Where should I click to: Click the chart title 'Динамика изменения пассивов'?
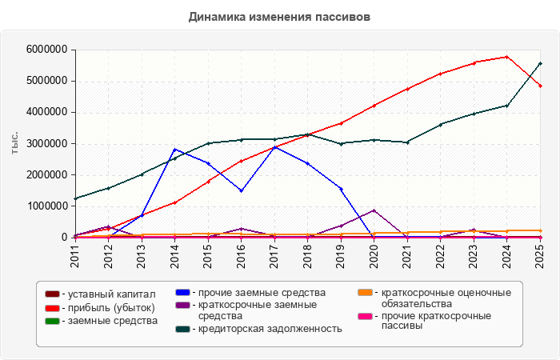[x=279, y=17]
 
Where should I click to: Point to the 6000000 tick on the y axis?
[x=46, y=50]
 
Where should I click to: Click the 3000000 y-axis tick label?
[x=46, y=143]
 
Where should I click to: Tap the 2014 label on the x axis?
[x=174, y=254]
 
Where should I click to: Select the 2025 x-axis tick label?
[x=540, y=254]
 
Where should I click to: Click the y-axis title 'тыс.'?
[x=14, y=143]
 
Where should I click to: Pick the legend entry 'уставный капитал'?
[x=100, y=294]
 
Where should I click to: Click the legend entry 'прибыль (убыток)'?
[x=100, y=308]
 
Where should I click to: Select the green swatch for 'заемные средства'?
[x=52, y=321]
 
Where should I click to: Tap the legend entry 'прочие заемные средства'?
[x=250, y=293]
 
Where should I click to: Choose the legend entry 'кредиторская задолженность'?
[x=259, y=329]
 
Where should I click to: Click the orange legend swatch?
[x=365, y=293]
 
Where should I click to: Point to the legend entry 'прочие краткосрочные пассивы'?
[x=425, y=321]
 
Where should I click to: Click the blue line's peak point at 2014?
[x=174, y=150]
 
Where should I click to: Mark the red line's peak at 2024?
[x=506, y=57]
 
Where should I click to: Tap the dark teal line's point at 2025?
[x=540, y=63]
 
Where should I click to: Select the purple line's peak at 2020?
[x=374, y=210]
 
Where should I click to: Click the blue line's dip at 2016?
[x=242, y=190]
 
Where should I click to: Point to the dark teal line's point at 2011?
[x=75, y=198]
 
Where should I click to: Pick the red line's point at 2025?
[x=540, y=86]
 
